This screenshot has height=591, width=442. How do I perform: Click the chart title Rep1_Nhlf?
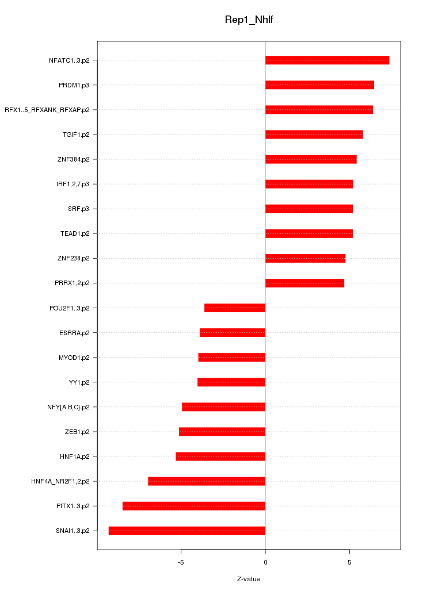pos(249,20)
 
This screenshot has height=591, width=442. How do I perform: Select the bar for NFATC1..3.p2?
pos(327,60)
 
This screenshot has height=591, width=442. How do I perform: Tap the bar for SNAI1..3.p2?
pos(187,531)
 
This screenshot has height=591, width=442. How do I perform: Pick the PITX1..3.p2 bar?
pos(194,506)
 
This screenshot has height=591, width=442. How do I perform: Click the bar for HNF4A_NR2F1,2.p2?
pos(207,481)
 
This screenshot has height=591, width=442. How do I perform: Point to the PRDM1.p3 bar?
pos(319,85)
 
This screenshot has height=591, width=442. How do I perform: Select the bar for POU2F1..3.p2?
pos(235,308)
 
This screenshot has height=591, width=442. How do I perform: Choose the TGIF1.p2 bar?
pos(314,135)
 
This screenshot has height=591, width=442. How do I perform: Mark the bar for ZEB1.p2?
pos(222,432)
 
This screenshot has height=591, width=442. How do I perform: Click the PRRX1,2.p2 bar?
pos(304,283)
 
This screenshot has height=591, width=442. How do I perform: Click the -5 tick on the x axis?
pos(181,562)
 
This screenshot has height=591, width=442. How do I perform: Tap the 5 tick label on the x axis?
pos(349,562)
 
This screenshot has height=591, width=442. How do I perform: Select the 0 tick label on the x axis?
pos(265,562)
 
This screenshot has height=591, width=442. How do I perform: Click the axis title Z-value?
pos(249,579)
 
